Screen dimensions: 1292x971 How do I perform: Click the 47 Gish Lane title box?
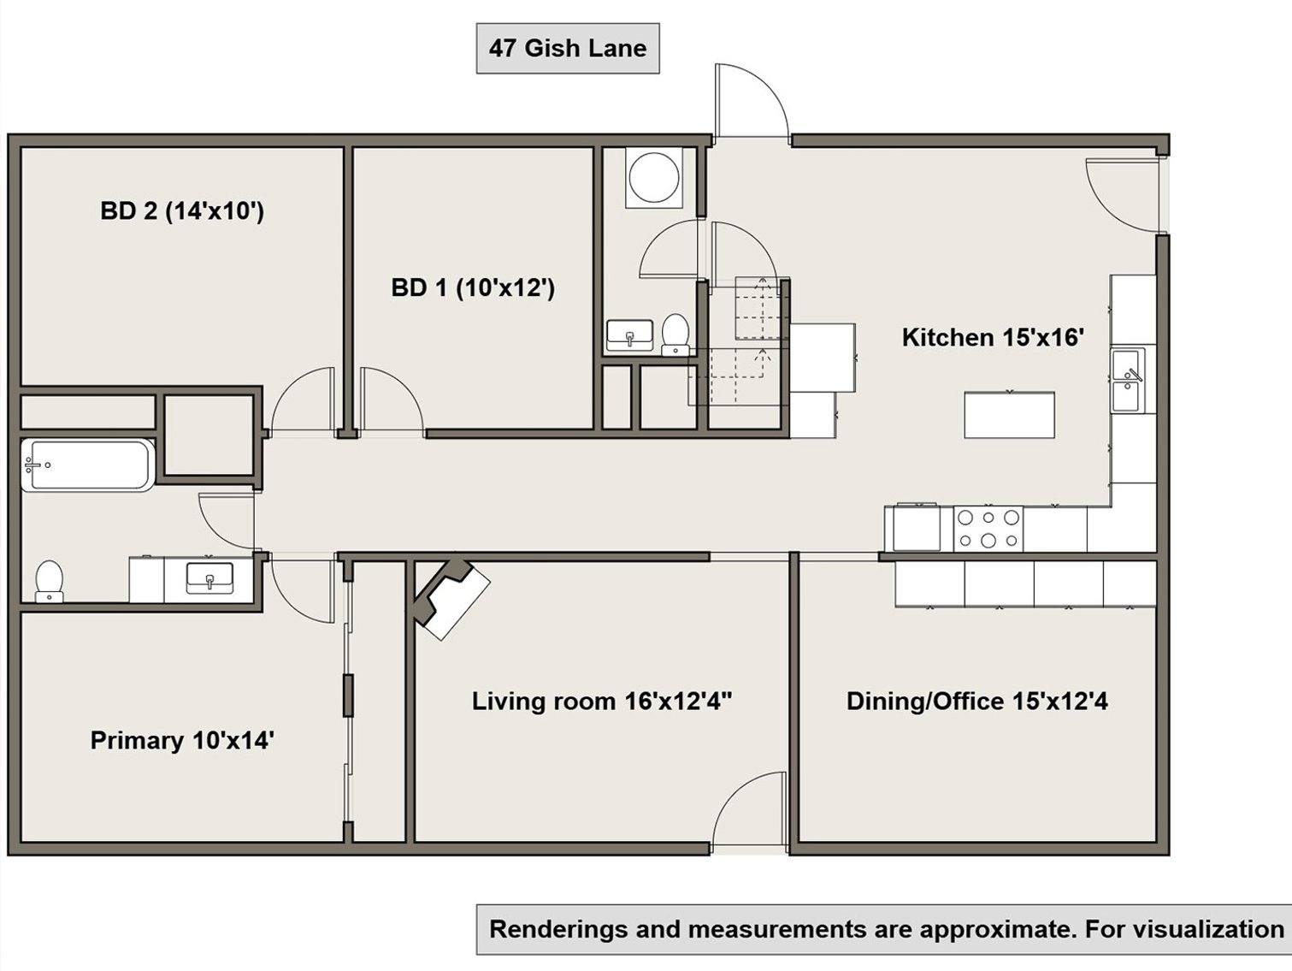coord(568,48)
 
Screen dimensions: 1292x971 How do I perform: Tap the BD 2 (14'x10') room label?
coord(182,210)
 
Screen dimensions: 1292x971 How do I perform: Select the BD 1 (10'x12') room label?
coord(473,288)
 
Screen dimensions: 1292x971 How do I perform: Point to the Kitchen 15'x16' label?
coord(993,337)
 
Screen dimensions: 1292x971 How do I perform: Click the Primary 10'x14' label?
coord(182,740)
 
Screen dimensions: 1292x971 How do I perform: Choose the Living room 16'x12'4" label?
coord(602,701)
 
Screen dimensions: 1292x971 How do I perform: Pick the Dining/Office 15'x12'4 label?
coord(977,701)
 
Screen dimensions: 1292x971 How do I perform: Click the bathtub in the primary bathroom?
coord(88,465)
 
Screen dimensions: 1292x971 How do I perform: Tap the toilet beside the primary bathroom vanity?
coord(50,581)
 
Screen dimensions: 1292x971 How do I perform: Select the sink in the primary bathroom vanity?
coord(209,577)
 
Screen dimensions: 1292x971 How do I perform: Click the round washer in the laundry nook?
coord(654,176)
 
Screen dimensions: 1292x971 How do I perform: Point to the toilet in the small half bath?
coord(675,335)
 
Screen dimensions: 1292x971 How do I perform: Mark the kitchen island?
coord(1009,415)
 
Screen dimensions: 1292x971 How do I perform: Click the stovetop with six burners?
coord(988,529)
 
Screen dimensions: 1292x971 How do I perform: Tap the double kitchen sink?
coord(1129,381)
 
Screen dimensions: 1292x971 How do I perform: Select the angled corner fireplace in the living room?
coord(451,598)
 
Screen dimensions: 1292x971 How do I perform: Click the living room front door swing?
coord(749,809)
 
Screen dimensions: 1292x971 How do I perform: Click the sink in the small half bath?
coord(630,335)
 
